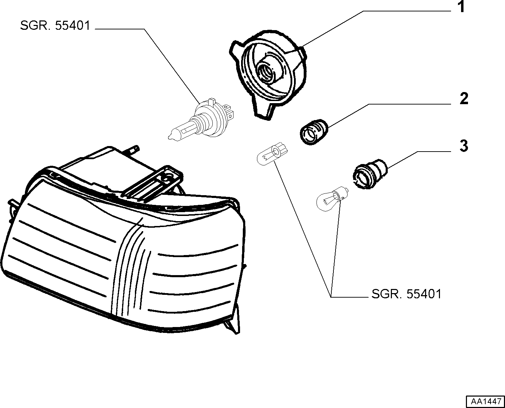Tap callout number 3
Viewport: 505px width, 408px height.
[464, 146]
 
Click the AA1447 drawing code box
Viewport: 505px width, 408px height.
[486, 401]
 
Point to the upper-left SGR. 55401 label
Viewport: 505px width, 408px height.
[55, 25]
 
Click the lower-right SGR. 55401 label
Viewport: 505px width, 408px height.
[406, 294]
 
